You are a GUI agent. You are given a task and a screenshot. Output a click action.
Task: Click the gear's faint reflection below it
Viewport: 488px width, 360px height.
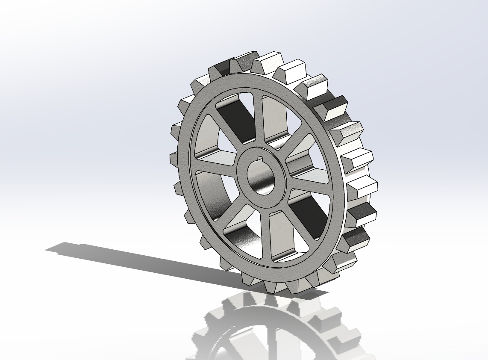click(273, 329)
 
